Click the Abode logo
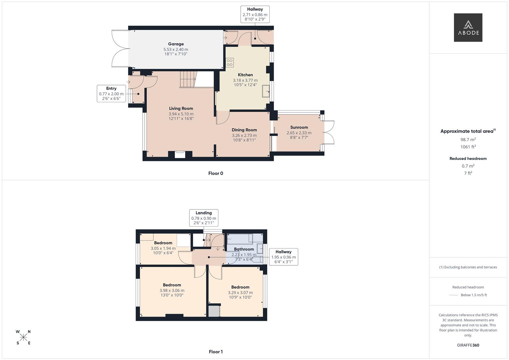tap(468, 27)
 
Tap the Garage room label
tap(176, 44)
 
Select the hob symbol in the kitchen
tap(230, 62)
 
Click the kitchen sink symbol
tap(266, 91)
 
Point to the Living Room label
tap(181, 108)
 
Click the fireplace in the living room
tap(180, 154)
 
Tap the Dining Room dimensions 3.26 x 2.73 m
tap(244, 135)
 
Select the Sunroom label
tap(299, 127)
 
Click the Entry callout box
tap(111, 93)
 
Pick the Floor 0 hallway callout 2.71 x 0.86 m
tap(255, 14)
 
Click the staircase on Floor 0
tap(188, 79)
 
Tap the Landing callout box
tap(204, 218)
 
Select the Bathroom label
tap(244, 249)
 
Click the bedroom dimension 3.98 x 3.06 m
tap(172, 290)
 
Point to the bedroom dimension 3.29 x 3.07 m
tap(240, 293)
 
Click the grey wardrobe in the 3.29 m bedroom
tap(214, 311)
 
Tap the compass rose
tap(23, 337)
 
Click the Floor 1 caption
tap(216, 352)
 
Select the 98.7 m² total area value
tap(468, 140)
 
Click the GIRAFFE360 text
tap(468, 345)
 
